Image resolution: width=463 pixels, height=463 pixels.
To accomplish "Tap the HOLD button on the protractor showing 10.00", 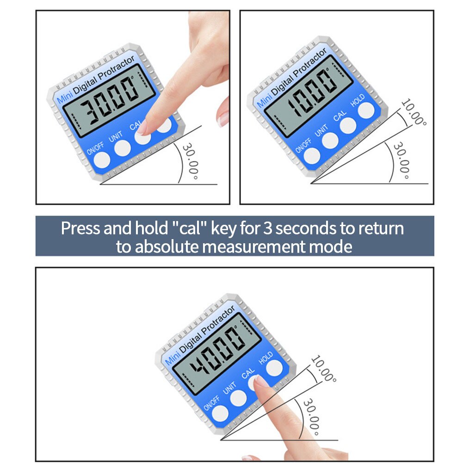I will (x=366, y=110).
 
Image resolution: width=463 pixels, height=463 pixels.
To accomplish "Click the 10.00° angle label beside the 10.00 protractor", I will (x=413, y=112).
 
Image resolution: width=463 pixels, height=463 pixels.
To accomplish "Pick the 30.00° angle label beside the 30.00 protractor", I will (x=191, y=162).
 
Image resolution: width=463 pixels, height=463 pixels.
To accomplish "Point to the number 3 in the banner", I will (x=269, y=228).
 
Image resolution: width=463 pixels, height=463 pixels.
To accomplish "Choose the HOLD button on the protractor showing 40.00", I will (x=274, y=367).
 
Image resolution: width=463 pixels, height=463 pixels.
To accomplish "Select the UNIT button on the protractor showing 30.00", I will (x=122, y=148).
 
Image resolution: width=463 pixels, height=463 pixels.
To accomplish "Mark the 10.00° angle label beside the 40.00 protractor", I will (x=322, y=369).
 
